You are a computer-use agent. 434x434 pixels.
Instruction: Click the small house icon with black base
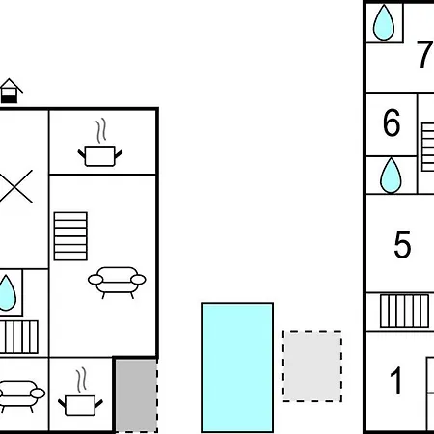click(11, 91)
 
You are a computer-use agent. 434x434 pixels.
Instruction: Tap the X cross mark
click(15, 186)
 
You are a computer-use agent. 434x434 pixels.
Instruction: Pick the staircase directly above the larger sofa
click(70, 236)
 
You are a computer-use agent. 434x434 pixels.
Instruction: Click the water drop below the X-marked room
click(7, 293)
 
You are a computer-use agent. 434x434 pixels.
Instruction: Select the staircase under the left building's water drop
click(18, 337)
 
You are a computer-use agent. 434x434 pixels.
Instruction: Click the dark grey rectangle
click(136, 395)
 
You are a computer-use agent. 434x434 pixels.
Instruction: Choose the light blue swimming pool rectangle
click(237, 367)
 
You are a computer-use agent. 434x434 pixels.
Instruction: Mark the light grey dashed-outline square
click(312, 366)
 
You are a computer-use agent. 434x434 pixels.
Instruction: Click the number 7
click(424, 54)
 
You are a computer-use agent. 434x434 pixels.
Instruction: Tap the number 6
click(392, 122)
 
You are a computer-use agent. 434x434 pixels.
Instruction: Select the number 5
click(402, 245)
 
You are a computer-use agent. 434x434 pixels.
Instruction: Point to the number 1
click(396, 381)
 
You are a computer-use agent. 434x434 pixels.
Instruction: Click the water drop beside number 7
click(384, 22)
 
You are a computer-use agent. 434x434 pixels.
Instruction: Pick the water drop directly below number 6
click(391, 176)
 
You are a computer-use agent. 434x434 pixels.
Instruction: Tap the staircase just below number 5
click(404, 312)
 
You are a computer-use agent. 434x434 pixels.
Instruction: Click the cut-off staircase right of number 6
click(428, 147)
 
